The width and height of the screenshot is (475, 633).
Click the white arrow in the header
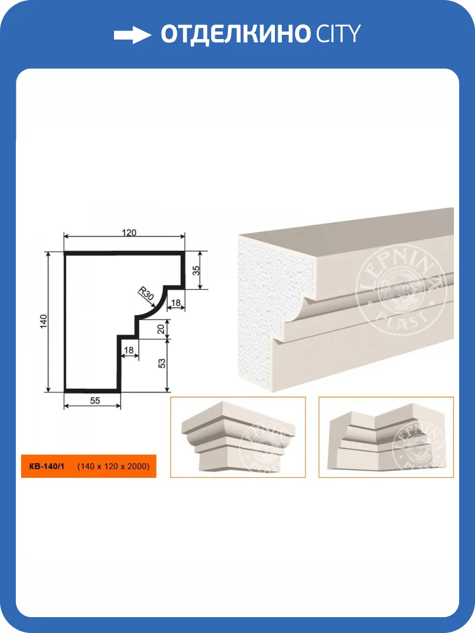(132, 35)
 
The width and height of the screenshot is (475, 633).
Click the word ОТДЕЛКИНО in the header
(235, 34)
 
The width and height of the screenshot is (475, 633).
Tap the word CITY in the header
(338, 34)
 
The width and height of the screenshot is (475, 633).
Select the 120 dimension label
(129, 233)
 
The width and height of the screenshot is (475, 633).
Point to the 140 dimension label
(43, 321)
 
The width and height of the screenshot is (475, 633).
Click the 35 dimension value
(196, 270)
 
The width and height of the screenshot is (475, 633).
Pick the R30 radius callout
(146, 293)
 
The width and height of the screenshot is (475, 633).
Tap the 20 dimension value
(161, 329)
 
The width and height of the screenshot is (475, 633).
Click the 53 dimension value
(162, 363)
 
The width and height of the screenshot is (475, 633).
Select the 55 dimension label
(95, 400)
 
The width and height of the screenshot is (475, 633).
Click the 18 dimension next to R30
(176, 303)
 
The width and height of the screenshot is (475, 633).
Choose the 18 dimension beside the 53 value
(129, 350)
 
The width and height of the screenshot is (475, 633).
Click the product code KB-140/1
(47, 466)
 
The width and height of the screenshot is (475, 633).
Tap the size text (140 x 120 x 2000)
(113, 466)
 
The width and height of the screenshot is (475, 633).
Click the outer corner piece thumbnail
(238, 437)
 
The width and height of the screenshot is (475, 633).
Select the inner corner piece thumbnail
(386, 437)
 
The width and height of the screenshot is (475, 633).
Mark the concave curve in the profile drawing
(158, 306)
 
